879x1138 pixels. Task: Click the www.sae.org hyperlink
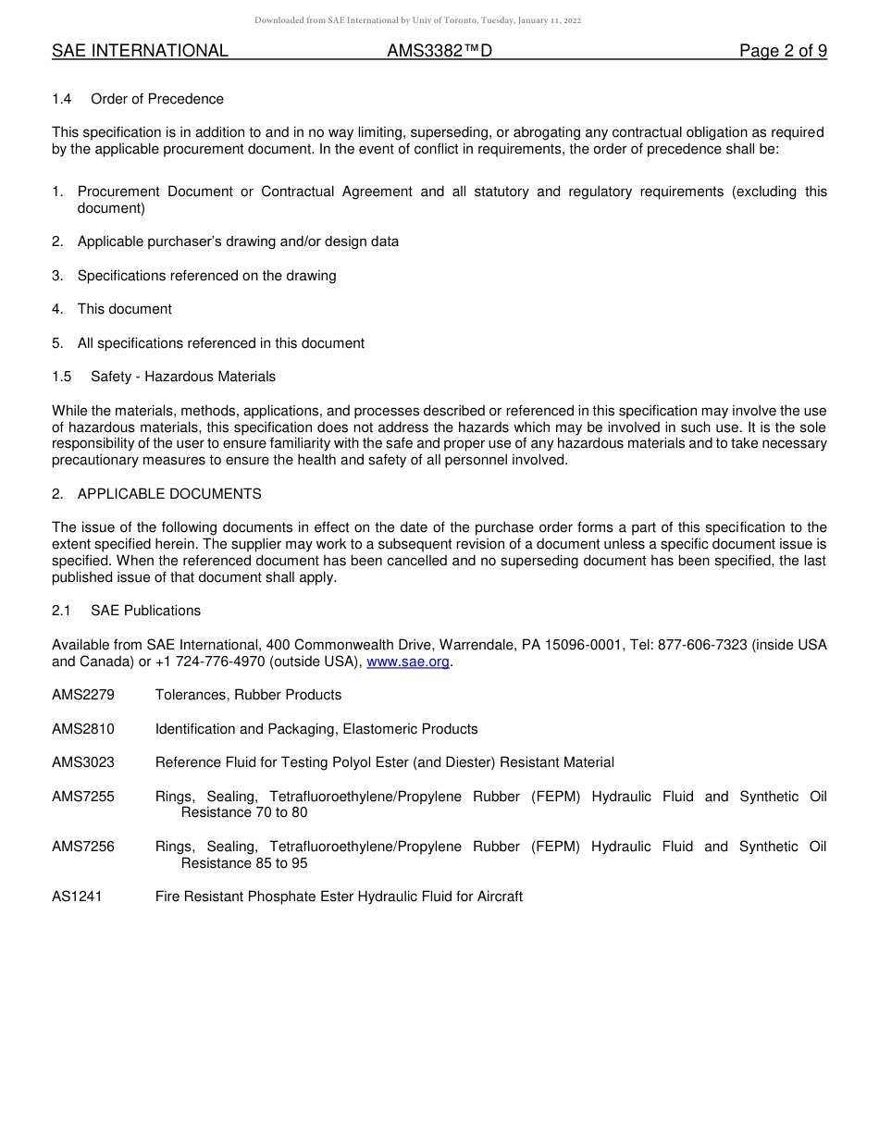(x=408, y=662)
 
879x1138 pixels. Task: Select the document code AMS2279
(x=83, y=695)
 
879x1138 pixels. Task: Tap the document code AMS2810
(x=83, y=729)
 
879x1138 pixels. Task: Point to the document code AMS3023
(x=83, y=762)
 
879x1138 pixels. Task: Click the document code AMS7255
(x=83, y=797)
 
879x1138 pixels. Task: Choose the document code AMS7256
(x=83, y=847)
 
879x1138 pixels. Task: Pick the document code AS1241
(x=77, y=897)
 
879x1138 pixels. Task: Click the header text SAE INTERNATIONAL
(x=140, y=52)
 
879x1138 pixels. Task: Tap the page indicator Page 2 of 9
(x=783, y=52)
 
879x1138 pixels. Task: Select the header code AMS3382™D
(x=439, y=52)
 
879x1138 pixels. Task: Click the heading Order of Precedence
(x=157, y=99)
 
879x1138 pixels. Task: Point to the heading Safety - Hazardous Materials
(x=183, y=377)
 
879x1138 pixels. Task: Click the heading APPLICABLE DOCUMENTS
(x=169, y=494)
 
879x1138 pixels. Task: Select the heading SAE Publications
(x=145, y=611)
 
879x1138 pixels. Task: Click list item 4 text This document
(x=125, y=309)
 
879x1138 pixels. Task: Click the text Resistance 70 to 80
(x=244, y=812)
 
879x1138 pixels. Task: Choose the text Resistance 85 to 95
(x=244, y=863)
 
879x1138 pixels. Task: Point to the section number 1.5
(x=61, y=377)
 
